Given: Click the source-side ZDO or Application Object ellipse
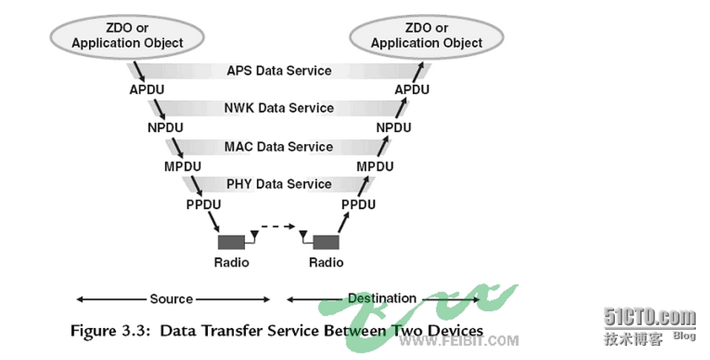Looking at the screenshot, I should pos(127,36).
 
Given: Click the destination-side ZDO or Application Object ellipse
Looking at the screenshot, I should pos(426,36).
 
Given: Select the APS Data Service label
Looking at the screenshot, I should pos(279,71).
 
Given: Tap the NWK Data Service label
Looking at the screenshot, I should pos(279,108).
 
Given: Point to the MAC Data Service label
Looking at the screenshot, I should pos(279,147).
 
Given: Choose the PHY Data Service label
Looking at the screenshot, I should pos(279,184).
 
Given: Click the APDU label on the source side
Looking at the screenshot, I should pos(146,90).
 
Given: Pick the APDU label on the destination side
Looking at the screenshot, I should pos(412,90).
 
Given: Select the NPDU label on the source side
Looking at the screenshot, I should pos(165,128).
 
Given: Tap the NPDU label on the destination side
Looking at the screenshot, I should pos(394,128).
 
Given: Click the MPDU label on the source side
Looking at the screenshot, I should pos(182,166).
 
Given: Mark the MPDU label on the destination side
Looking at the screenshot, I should pos(375,166).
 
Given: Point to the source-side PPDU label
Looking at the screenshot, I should pos(202,204).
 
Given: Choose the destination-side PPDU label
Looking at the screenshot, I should pos(358,204).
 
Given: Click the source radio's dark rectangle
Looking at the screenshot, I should pos(231,242).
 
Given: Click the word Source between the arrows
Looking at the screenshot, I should pos(172,299).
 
